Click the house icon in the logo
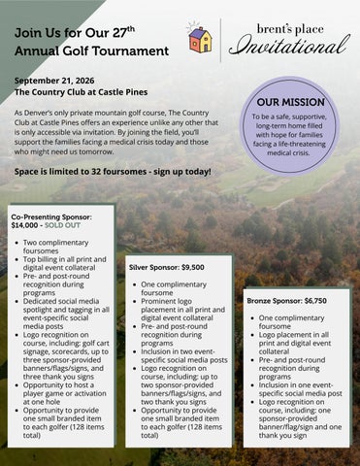[x=200, y=39]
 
